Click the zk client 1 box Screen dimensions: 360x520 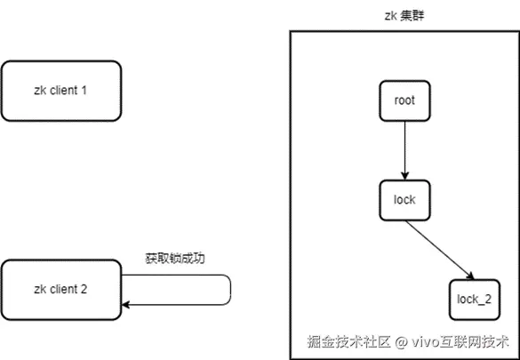tap(60, 91)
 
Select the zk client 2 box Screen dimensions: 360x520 tap(60, 289)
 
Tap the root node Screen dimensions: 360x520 tap(404, 100)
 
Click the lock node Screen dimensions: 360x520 tap(404, 200)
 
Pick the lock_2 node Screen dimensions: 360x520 tap(473, 298)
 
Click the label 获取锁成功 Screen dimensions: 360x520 tap(175, 259)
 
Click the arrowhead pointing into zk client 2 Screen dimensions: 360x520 tap(126, 305)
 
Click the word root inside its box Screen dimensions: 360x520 tap(404, 100)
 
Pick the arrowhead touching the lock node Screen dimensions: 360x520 tap(404, 175)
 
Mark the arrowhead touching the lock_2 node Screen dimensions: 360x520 tap(468, 275)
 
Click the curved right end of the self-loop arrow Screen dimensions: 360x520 tap(230, 291)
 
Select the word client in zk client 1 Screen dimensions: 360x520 tap(63, 91)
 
